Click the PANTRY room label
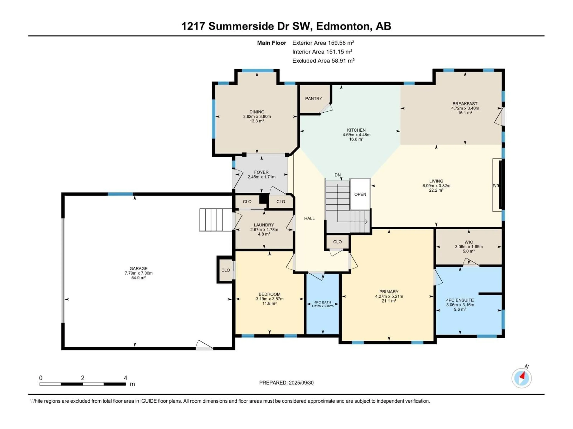click(x=314, y=98)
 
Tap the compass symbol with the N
click(x=522, y=378)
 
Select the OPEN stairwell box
click(x=360, y=194)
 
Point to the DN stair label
click(x=338, y=175)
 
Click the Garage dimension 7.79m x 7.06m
click(x=139, y=273)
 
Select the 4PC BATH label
click(x=322, y=302)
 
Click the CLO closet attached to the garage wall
click(x=225, y=270)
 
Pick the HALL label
click(x=309, y=219)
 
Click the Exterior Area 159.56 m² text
click(x=323, y=43)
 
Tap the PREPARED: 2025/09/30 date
click(x=286, y=383)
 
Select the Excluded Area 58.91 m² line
click(x=323, y=61)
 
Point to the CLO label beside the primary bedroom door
click(x=337, y=242)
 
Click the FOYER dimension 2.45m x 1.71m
click(x=261, y=177)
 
